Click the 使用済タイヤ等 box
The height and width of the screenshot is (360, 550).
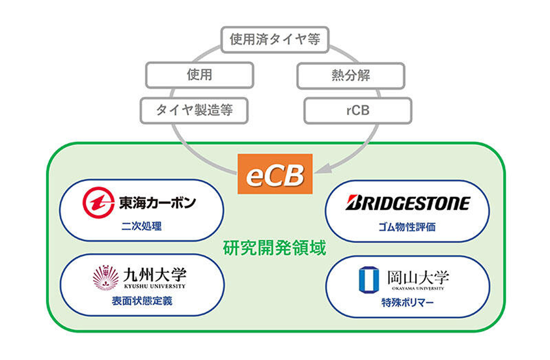(275, 40)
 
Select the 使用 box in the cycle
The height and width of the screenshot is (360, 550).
(199, 75)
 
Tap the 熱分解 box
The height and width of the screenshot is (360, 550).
(351, 76)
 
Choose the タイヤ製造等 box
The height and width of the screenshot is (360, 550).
(194, 111)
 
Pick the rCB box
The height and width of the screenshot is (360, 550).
(358, 111)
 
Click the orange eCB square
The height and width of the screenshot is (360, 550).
(275, 174)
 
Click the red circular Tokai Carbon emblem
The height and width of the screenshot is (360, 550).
(99, 203)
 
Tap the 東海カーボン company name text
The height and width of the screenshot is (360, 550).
(157, 203)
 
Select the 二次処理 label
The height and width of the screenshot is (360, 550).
(142, 226)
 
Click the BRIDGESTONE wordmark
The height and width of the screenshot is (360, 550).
(407, 203)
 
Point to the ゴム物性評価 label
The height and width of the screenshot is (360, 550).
(407, 227)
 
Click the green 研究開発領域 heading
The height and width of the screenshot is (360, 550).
(275, 248)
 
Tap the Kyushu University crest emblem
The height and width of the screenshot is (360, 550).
(106, 277)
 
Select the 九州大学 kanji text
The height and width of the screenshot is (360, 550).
(155, 275)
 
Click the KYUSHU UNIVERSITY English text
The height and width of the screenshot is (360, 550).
(155, 286)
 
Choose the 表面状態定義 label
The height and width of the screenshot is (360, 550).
(142, 301)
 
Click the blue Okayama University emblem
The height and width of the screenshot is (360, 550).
(369, 280)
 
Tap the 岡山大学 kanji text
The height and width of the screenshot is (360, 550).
(418, 277)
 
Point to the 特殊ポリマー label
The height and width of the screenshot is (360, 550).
(407, 303)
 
